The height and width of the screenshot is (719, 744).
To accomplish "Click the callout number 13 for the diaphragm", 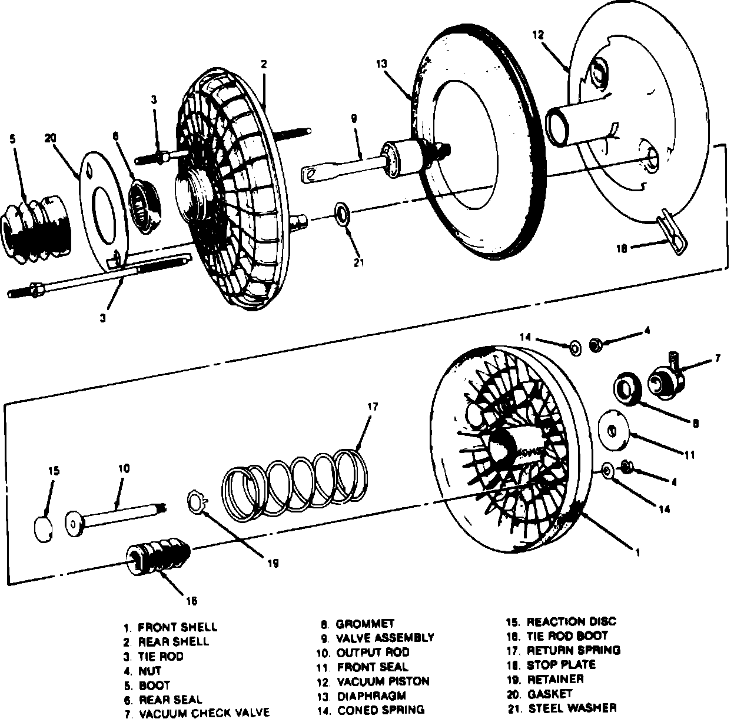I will coord(382,64).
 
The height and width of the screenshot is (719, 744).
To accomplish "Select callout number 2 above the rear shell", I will coord(264,64).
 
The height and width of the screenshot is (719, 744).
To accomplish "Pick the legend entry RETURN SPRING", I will coord(573,650).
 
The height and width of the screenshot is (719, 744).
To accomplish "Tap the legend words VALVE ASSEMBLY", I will coord(385,637).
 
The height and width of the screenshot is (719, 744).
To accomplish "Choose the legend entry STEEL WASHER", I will coord(573,708).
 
